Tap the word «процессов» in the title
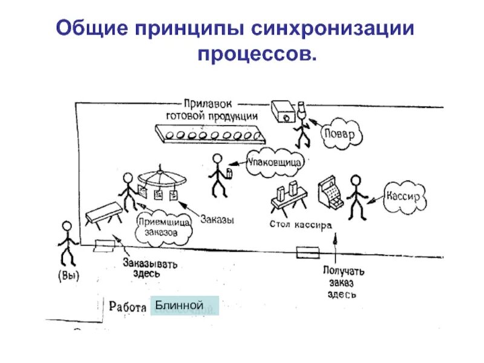click(257, 54)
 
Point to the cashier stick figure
click(356, 197)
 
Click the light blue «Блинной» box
click(183, 306)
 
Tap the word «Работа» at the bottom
click(128, 307)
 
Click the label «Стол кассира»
click(299, 224)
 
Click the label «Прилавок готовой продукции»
click(212, 110)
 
